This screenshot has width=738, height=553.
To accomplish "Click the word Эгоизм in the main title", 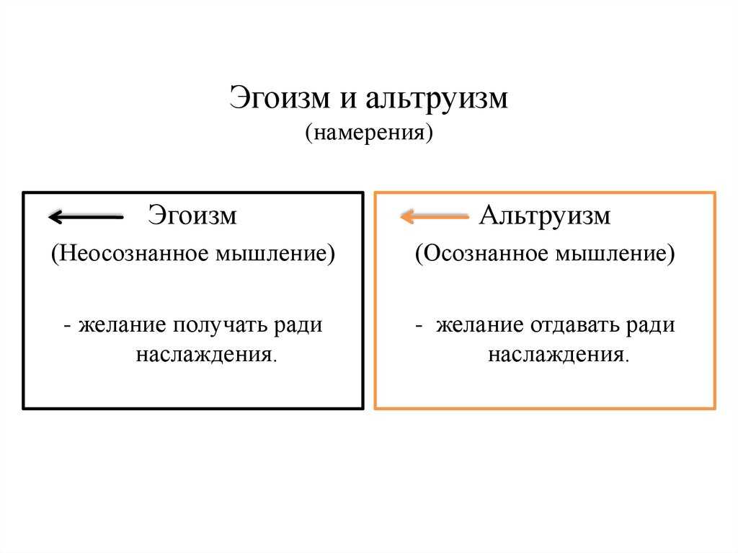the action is [280, 97].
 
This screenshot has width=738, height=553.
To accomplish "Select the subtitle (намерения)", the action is [369, 132].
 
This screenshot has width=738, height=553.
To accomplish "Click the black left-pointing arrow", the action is [86, 217].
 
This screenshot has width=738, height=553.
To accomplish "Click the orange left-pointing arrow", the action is [435, 216].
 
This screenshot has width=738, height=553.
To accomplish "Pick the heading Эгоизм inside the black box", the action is [192, 215].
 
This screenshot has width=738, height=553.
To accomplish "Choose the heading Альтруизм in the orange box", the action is [545, 216].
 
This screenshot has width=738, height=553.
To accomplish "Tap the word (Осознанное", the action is [482, 253].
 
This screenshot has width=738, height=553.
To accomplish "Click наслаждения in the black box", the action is [207, 355].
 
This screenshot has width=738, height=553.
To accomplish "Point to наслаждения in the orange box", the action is [559, 355].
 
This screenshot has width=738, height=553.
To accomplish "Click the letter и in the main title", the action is [348, 100].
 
